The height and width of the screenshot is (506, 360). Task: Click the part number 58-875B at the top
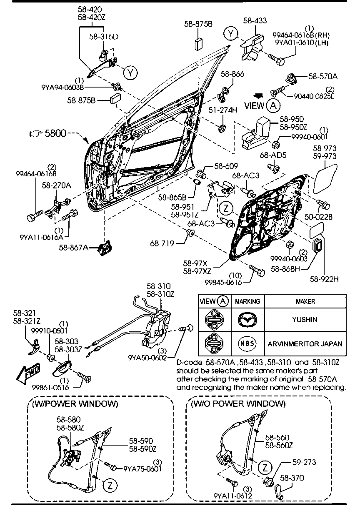(198, 24)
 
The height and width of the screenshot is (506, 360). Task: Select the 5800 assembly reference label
(55, 134)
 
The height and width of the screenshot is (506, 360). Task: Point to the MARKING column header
(247, 301)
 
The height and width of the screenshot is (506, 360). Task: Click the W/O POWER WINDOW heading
(238, 403)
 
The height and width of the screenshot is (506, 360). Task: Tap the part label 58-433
(255, 20)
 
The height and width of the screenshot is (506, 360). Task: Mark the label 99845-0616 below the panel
(223, 282)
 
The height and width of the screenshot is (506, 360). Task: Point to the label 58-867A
(73, 248)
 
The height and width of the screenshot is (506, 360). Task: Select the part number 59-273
(304, 462)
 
